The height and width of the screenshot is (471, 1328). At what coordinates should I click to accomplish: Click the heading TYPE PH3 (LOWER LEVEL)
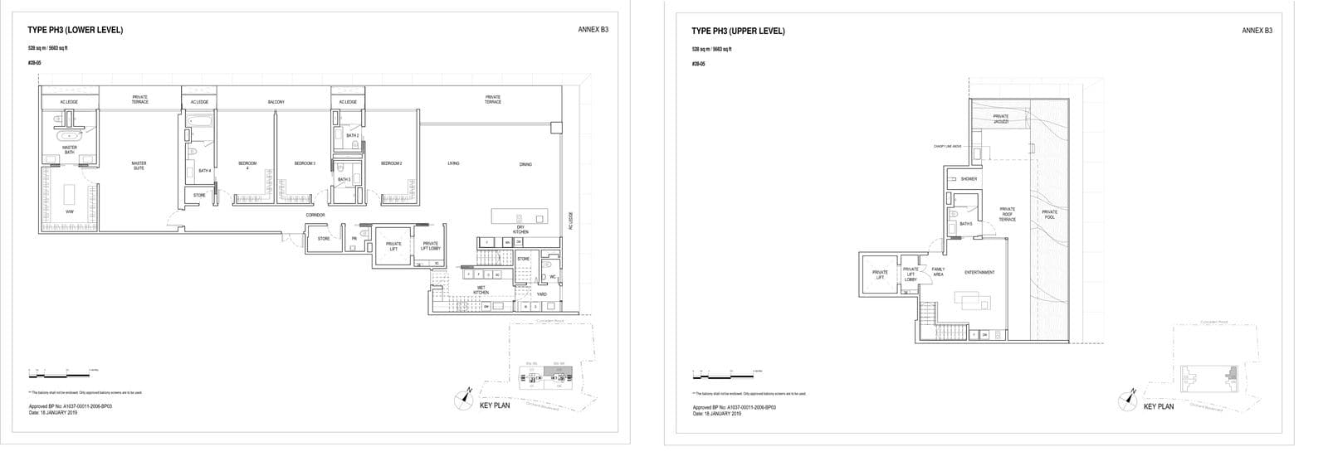[x=76, y=31]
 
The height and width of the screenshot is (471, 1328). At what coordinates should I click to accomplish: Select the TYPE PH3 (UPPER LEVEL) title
[x=738, y=32]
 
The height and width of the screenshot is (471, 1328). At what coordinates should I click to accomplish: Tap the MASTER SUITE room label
[x=139, y=165]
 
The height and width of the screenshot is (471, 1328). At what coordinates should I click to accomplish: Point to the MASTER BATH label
[x=70, y=150]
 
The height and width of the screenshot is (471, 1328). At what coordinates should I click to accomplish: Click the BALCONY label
[x=276, y=102]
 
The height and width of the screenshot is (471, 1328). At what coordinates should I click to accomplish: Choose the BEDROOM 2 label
[x=391, y=163]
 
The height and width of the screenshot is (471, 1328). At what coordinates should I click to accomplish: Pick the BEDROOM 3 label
[x=305, y=163]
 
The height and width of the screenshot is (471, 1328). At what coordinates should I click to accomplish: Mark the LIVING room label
[x=453, y=163]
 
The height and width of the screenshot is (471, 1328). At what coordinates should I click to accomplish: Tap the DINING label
[x=525, y=164]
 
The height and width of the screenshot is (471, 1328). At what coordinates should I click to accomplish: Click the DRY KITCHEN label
[x=520, y=230]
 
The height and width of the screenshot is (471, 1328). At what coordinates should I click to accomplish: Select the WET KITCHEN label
[x=481, y=290]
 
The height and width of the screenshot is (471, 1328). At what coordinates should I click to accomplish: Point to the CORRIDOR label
[x=315, y=215]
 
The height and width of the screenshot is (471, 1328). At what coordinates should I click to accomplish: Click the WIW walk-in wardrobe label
[x=70, y=212]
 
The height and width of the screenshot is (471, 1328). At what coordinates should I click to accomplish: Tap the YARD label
[x=541, y=294]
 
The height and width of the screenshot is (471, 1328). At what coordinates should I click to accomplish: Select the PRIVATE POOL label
[x=1049, y=214]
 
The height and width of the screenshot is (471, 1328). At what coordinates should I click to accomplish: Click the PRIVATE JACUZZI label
[x=1000, y=119]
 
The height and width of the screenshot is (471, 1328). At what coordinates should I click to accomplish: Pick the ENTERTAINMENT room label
[x=979, y=272]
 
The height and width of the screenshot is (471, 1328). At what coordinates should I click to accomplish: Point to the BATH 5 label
[x=965, y=224]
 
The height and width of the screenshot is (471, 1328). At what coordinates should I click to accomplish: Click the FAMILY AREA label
[x=938, y=271]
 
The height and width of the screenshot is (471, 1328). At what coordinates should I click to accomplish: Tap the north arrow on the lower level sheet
[x=463, y=400]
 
